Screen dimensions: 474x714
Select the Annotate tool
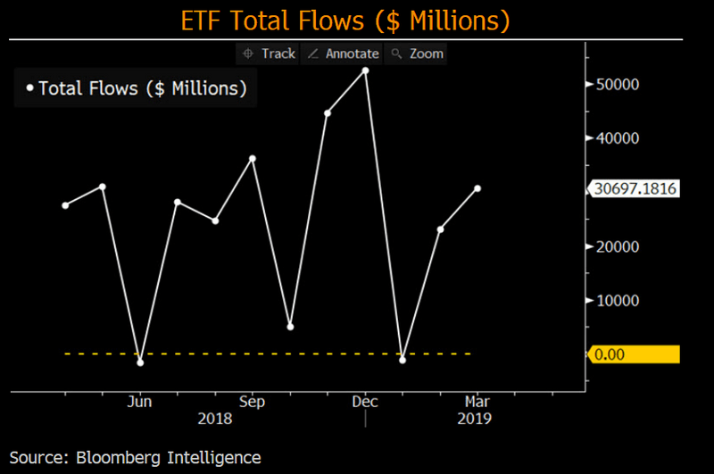[x=344, y=54]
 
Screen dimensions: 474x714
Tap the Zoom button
[x=418, y=54]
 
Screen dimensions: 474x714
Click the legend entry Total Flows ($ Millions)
[x=137, y=88]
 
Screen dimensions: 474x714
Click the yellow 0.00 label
[x=634, y=354]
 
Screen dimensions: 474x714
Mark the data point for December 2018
[x=365, y=70]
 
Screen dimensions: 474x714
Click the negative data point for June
[x=140, y=362]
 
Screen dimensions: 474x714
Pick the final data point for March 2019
[x=478, y=188]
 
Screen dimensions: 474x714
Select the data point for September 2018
[x=253, y=158]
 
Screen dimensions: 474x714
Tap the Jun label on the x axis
[x=140, y=402]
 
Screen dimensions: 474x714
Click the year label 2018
[x=215, y=418]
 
